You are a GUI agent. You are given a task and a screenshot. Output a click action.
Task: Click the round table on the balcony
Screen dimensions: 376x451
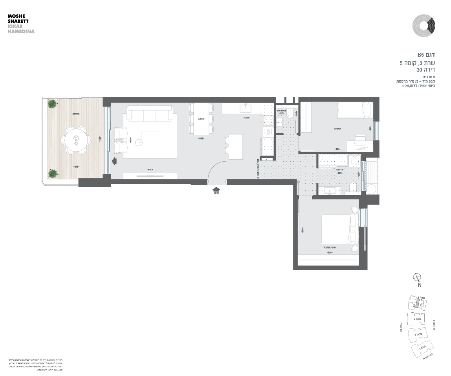76,139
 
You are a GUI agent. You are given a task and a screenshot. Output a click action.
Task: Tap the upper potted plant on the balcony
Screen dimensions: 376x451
52,104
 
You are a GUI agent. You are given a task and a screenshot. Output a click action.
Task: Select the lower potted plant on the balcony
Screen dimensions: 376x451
52,173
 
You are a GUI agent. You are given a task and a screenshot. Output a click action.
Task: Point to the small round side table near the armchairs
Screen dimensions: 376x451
138,143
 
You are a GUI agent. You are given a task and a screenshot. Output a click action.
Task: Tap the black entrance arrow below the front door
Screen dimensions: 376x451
216,189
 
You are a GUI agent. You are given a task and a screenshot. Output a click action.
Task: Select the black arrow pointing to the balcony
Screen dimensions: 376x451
114,161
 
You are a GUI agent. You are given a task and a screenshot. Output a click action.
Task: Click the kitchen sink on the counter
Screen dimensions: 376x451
246,107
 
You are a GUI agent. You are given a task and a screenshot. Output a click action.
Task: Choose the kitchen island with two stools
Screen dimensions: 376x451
235,146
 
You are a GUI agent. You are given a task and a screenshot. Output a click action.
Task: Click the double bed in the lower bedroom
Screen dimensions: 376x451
336,229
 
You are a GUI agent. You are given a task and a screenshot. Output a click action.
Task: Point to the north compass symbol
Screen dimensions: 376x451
417,278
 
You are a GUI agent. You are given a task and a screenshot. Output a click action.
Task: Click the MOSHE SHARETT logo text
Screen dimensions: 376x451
18,18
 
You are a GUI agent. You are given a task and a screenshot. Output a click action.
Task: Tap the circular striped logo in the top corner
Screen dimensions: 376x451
424,26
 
